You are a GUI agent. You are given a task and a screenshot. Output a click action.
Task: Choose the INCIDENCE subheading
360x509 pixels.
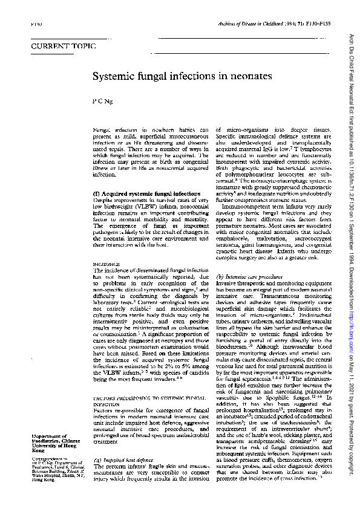click(x=106, y=265)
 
